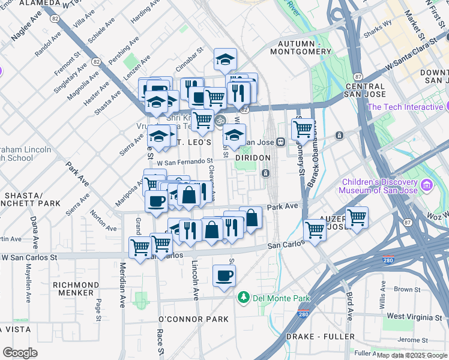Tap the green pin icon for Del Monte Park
[243, 298]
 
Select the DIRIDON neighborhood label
[253, 157]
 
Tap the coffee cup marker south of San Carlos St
[224, 276]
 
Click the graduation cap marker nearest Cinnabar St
[225, 59]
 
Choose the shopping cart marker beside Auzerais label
[357, 217]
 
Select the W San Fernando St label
[185, 161]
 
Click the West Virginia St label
[415, 316]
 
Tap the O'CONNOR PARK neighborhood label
[193, 319]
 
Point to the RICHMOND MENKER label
[85, 289]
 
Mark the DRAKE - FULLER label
[320, 337]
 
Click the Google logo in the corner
[20, 353]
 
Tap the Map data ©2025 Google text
[412, 355]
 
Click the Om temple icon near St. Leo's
[220, 119]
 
